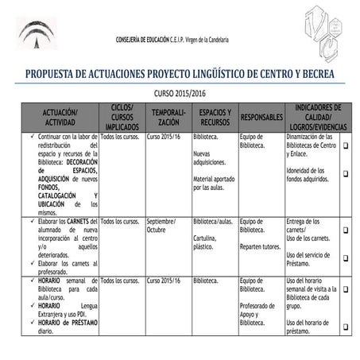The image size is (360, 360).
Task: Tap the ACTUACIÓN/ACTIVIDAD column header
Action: point(54,117)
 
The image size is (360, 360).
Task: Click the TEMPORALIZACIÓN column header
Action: point(168,117)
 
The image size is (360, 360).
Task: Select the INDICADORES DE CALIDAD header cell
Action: point(317,117)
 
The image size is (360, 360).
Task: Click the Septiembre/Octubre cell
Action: point(162,225)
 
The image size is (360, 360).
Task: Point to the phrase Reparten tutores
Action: point(260,246)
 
